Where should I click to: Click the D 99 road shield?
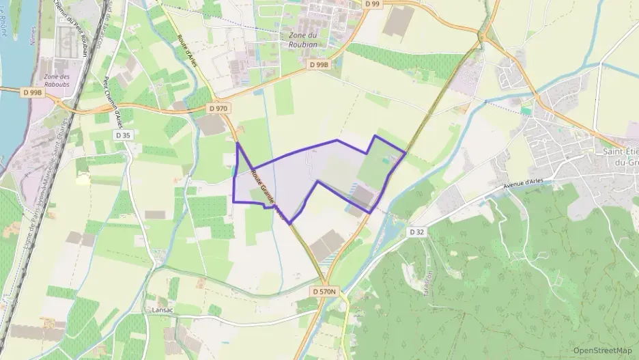tap(371, 4)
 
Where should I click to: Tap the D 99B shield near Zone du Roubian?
tap(318, 64)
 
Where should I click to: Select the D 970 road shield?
tap(219, 108)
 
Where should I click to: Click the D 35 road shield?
tap(123, 135)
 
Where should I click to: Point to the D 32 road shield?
tap(417, 232)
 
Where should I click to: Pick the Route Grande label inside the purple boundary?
tap(268, 193)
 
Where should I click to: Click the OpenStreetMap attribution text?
tap(602, 350)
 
